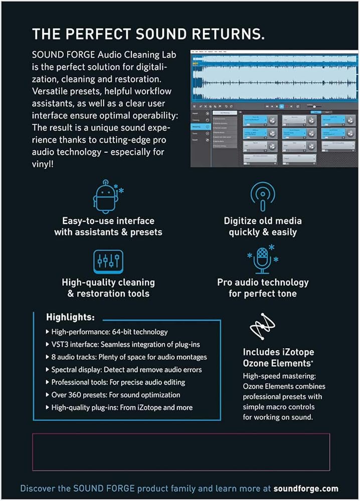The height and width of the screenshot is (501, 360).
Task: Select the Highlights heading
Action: tap(70, 317)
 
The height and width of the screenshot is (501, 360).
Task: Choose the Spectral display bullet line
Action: tap(126, 370)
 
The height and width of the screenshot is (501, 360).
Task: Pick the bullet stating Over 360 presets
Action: tap(115, 395)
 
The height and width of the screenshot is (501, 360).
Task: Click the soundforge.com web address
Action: tap(306, 488)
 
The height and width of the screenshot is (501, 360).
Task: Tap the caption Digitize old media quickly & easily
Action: tap(263, 226)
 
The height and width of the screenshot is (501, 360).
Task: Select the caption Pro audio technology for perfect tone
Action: tap(263, 288)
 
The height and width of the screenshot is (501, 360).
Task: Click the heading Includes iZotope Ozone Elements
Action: tap(278, 358)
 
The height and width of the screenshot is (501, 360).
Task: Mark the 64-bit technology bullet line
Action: tap(109, 332)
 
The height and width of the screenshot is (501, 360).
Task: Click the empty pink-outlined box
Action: tap(181, 451)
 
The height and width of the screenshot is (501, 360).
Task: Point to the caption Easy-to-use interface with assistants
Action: tap(108, 226)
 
